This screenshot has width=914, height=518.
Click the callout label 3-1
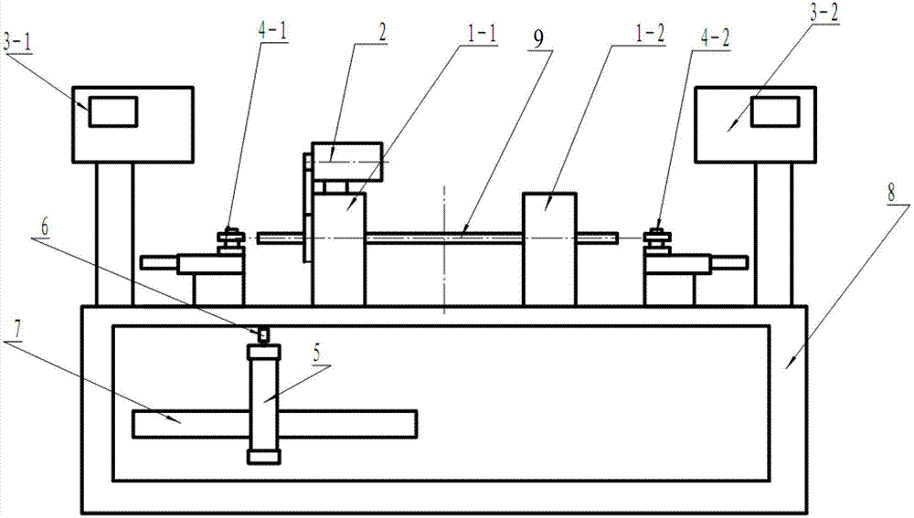tap(22, 44)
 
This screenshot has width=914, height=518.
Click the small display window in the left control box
tap(112, 111)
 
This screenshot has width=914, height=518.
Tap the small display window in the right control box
tap(775, 112)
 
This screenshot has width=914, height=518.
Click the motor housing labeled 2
tap(347, 161)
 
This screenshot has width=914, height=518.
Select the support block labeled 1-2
tap(548, 247)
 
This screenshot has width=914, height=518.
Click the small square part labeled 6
tap(263, 334)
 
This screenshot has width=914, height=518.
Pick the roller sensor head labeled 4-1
tap(229, 238)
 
